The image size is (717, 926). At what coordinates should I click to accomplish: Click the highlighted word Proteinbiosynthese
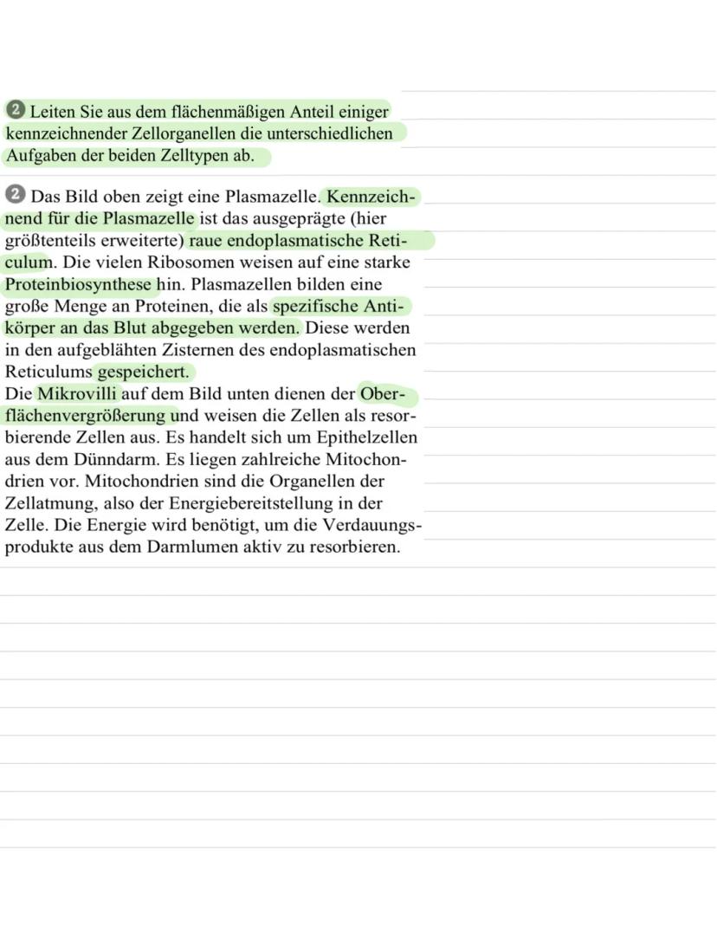[79, 285]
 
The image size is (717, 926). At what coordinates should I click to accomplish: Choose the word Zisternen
[229, 351]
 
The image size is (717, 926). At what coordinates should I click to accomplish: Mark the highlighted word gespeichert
[143, 372]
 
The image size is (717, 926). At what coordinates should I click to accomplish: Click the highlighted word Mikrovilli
[76, 395]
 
